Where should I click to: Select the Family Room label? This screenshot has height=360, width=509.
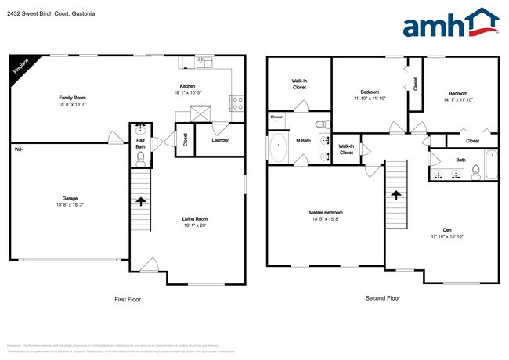(73, 98)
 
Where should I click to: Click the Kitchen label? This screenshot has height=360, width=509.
(187, 86)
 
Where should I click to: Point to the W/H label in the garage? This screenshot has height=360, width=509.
(18, 149)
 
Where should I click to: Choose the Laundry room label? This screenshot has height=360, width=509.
(220, 140)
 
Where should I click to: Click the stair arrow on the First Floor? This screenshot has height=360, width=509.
(140, 200)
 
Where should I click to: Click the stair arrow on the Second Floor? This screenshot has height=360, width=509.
(396, 194)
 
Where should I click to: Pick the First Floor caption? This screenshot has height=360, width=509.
(128, 299)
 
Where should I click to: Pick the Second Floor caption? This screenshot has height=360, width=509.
(382, 298)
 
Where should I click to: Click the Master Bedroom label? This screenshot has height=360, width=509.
(325, 212)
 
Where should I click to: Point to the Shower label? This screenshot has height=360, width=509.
(276, 117)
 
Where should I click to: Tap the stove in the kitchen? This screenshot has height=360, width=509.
(236, 100)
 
